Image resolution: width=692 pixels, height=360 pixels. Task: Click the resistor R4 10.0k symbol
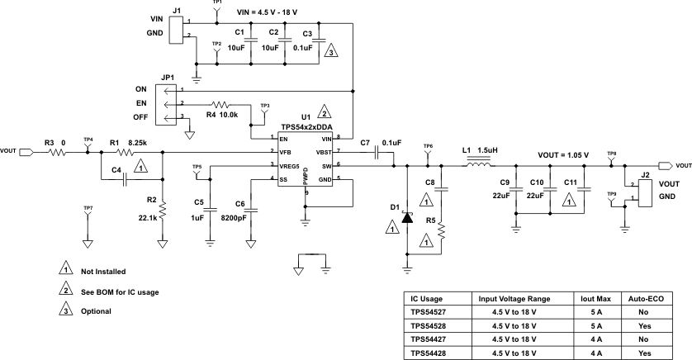[222, 105]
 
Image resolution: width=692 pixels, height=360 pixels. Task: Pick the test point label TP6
[427, 146]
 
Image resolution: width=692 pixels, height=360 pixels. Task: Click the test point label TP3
[264, 106]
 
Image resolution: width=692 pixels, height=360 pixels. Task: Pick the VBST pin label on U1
[325, 153]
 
